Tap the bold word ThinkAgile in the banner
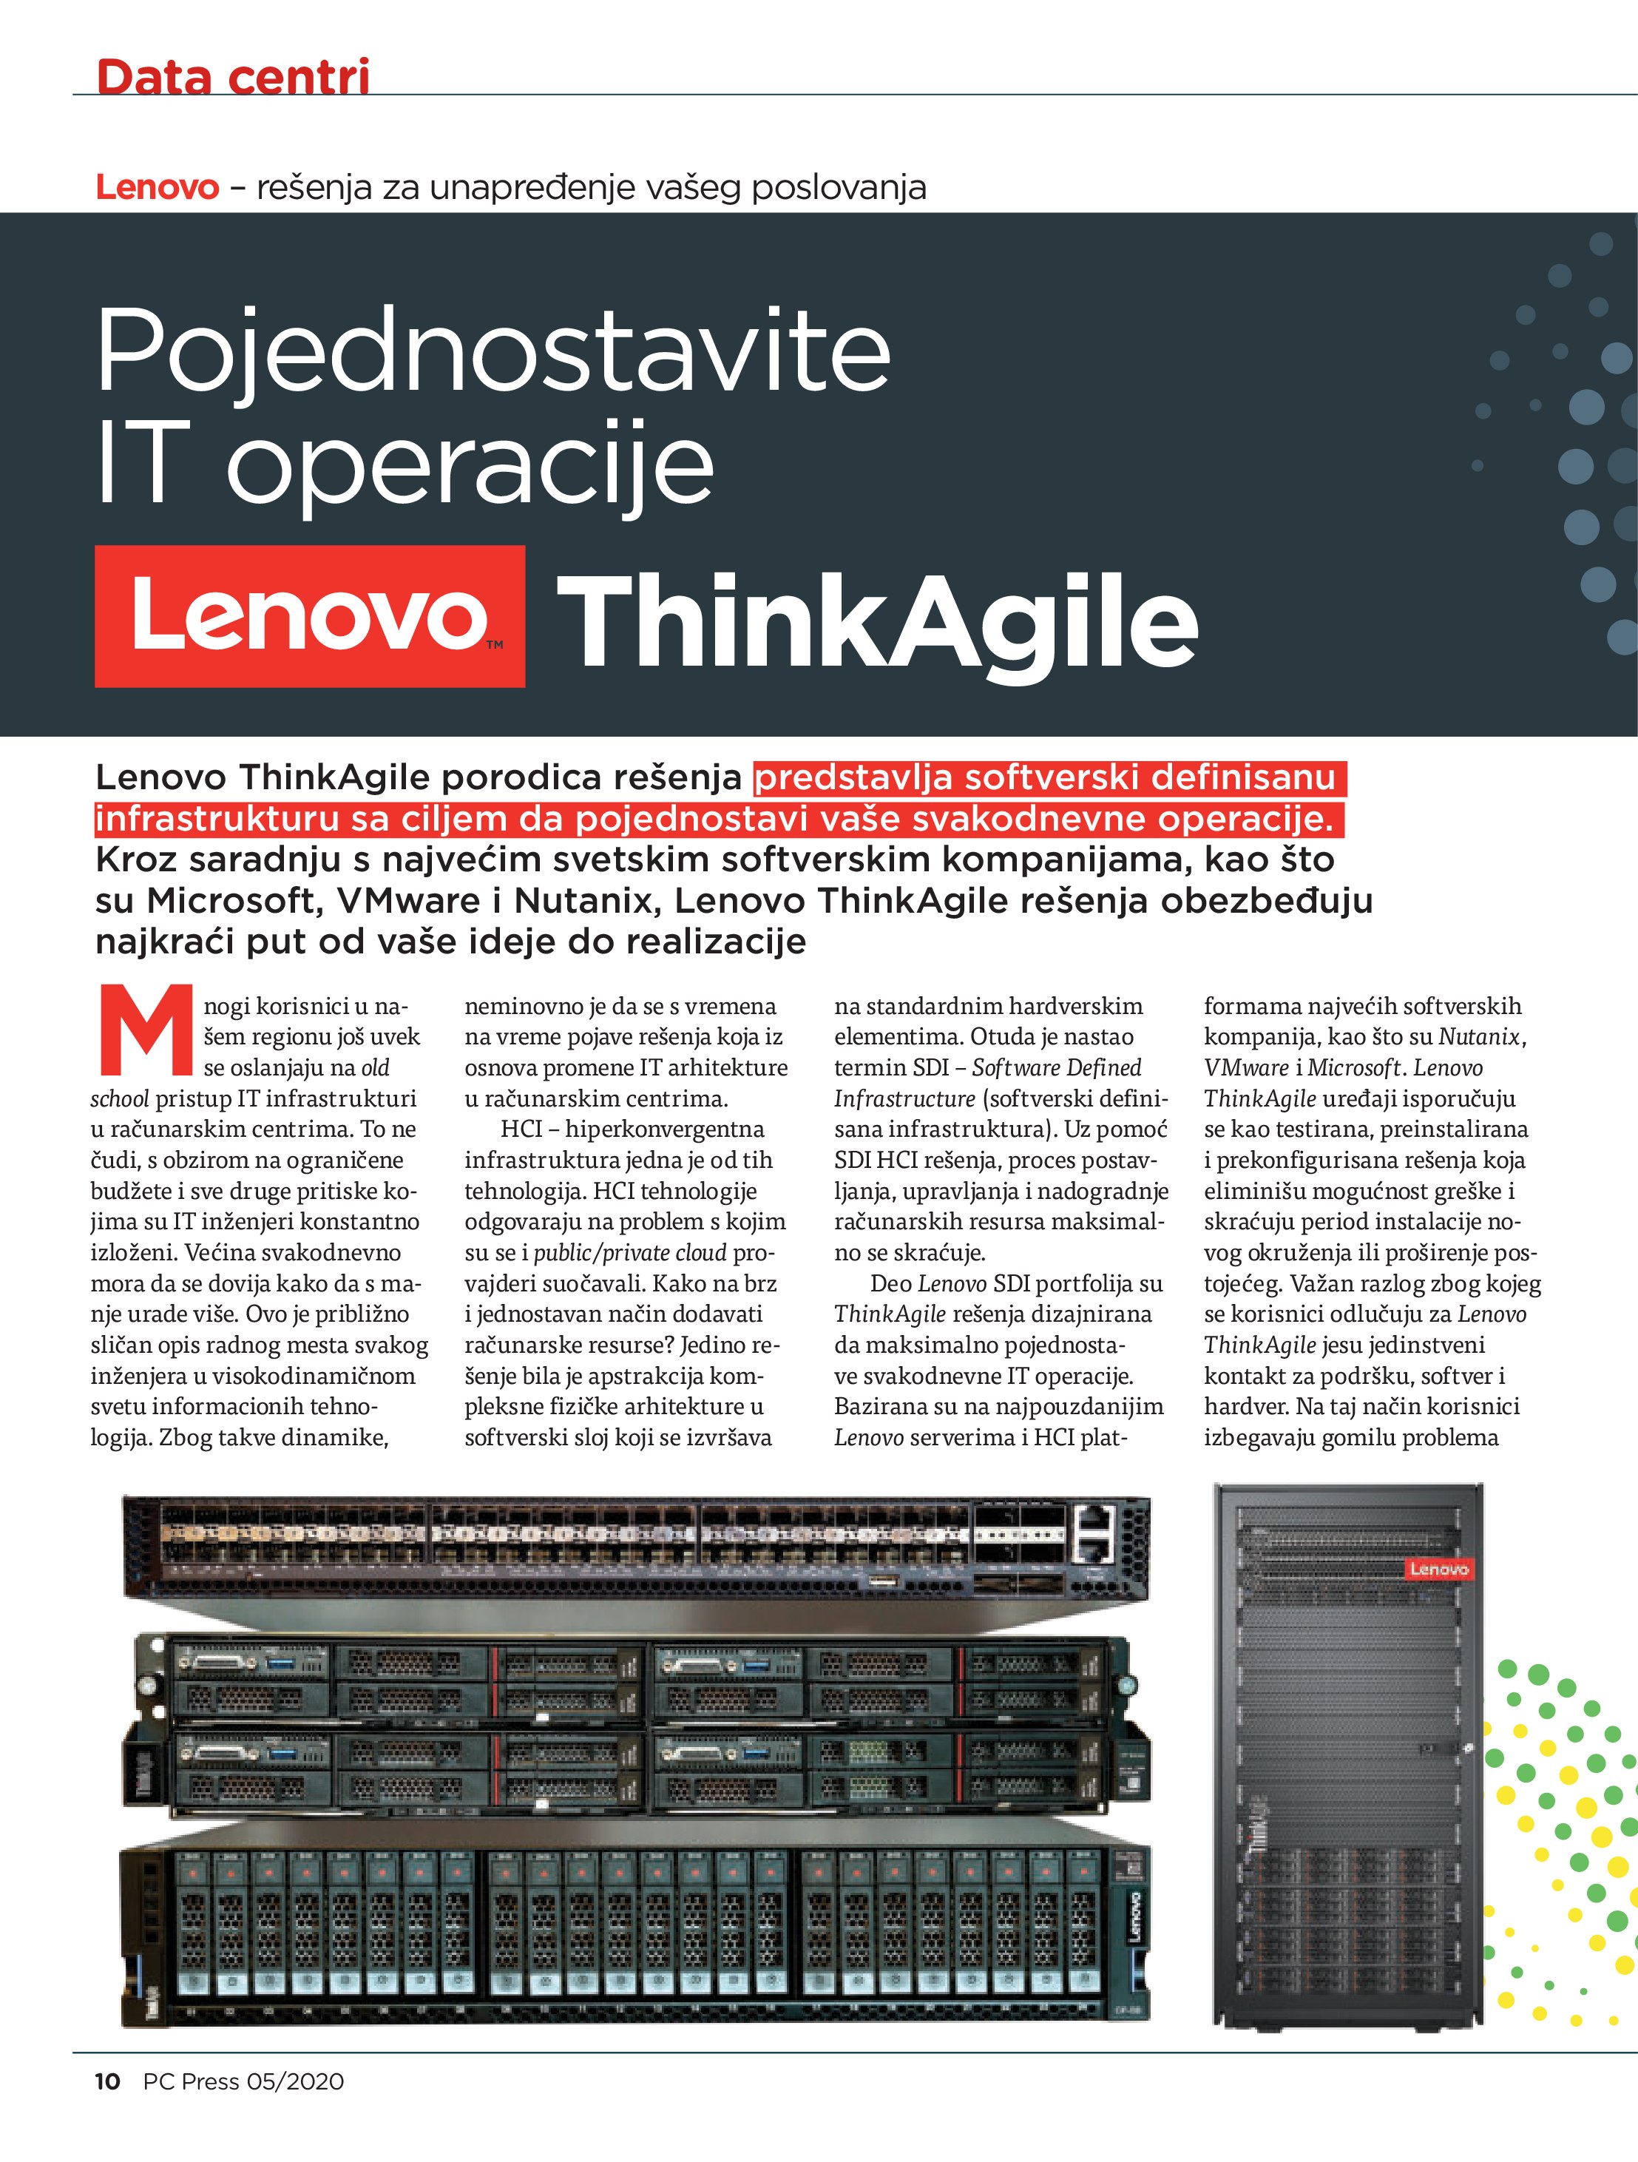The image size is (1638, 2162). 876,621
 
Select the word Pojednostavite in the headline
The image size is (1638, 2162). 493,351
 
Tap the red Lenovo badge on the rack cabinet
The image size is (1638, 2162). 1438,1569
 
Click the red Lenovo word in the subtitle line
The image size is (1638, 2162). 156,186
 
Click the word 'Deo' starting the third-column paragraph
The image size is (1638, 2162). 890,1283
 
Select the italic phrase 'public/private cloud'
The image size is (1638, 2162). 629,1252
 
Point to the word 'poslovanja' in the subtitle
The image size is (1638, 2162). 838,186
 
